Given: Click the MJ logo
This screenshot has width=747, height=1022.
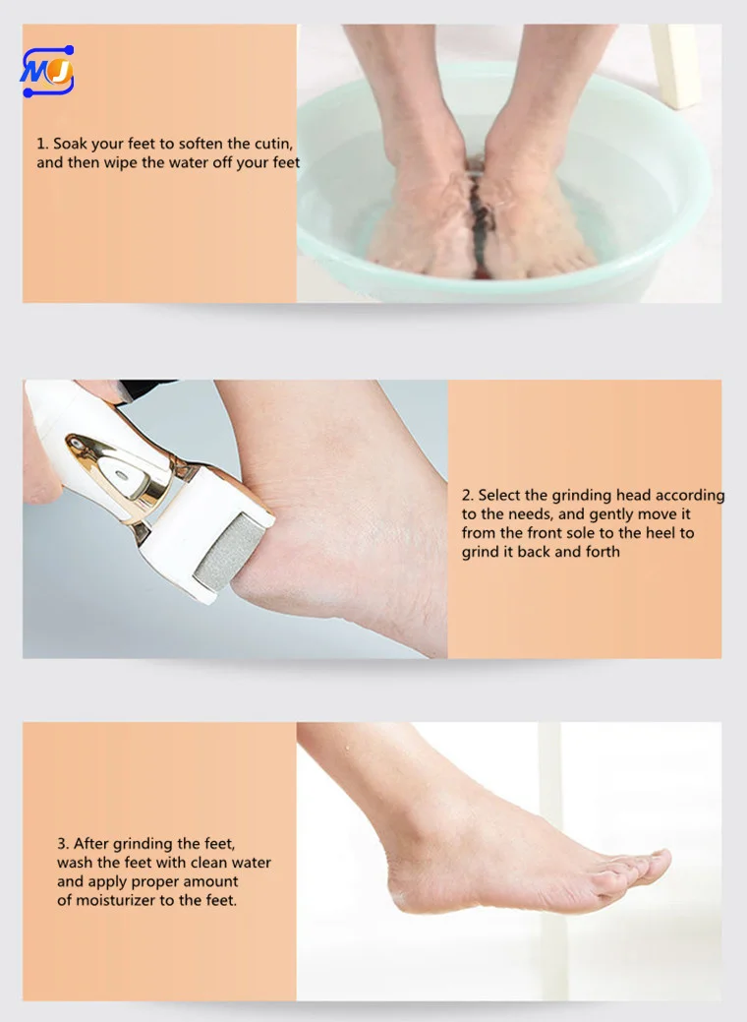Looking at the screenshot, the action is pyautogui.click(x=47, y=71).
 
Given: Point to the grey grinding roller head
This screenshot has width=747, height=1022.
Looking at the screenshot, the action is pyautogui.click(x=230, y=552).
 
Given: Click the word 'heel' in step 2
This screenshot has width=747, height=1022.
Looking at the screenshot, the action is pyautogui.click(x=661, y=532).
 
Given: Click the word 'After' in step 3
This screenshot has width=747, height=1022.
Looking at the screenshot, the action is pyautogui.click(x=91, y=843).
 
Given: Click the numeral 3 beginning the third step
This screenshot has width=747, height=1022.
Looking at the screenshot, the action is pyautogui.click(x=62, y=843).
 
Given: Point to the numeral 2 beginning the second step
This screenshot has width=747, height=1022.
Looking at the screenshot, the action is pyautogui.click(x=467, y=496).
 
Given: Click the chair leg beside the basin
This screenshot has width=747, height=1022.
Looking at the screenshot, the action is pyautogui.click(x=675, y=65).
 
